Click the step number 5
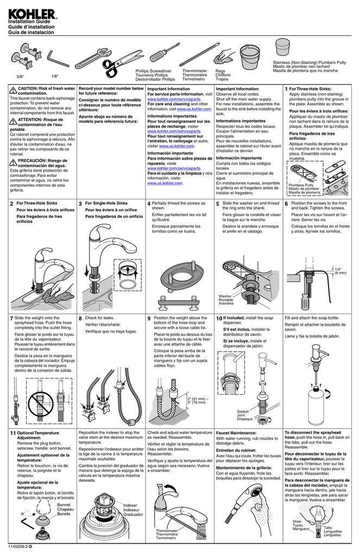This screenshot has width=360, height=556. pos(217,204)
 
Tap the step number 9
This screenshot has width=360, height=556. pos(149,318)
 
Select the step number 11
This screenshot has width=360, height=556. pos(12,433)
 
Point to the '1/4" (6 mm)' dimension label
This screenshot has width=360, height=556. pos(340,271)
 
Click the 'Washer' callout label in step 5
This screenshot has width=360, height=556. pos(225,296)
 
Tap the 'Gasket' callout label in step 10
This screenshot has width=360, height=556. pos(243,412)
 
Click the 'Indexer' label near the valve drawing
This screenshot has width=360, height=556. pos(131,505)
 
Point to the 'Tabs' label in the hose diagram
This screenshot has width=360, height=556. pos(328,527)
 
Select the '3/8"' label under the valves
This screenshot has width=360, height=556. pos(20,76)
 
